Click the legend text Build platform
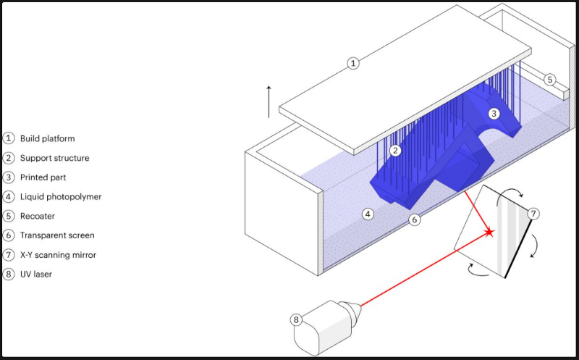pyautogui.click(x=47, y=138)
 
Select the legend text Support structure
pyautogui.click(x=54, y=158)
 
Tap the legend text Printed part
pyautogui.click(x=44, y=177)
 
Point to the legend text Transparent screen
pyautogui.click(x=57, y=235)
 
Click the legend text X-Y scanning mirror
pyautogui.click(x=59, y=255)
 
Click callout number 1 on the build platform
pyautogui.click(x=353, y=64)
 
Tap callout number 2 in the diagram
pyautogui.click(x=395, y=151)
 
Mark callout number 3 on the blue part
pyautogui.click(x=494, y=113)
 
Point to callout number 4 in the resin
pyautogui.click(x=368, y=214)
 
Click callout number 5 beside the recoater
pyautogui.click(x=550, y=79)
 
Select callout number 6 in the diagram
pyautogui.click(x=414, y=219)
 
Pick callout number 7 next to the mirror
pyautogui.click(x=533, y=214)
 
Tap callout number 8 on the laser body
pyautogui.click(x=297, y=319)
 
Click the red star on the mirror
pyautogui.click(x=490, y=232)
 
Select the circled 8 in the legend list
pyautogui.click(x=9, y=275)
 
